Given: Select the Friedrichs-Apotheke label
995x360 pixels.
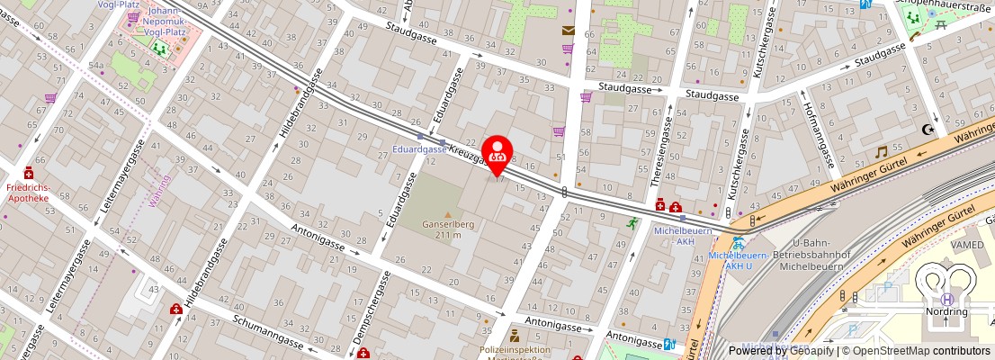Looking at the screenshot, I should point(28,192).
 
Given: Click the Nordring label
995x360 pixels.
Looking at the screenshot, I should point(946,311).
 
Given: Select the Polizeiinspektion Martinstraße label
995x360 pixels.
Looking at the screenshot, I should point(515,352).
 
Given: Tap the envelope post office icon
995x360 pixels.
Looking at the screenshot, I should point(568,30).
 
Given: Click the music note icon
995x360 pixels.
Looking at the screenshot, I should point(882,152).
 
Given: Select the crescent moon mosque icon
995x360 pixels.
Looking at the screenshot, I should point(929,130).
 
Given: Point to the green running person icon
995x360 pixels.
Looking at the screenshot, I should point(633,222).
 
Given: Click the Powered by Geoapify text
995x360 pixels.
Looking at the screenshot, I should point(778,351).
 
